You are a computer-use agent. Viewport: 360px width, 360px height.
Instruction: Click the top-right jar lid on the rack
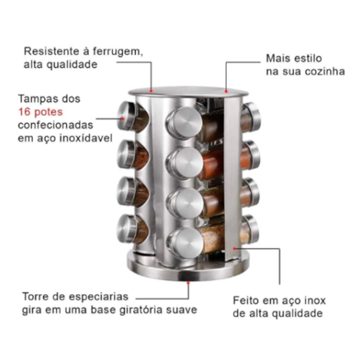(x=251, y=116)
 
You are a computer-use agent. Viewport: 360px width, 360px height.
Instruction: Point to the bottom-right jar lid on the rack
(x=251, y=229)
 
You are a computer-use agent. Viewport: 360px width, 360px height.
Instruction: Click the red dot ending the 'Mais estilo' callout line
(x=227, y=92)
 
